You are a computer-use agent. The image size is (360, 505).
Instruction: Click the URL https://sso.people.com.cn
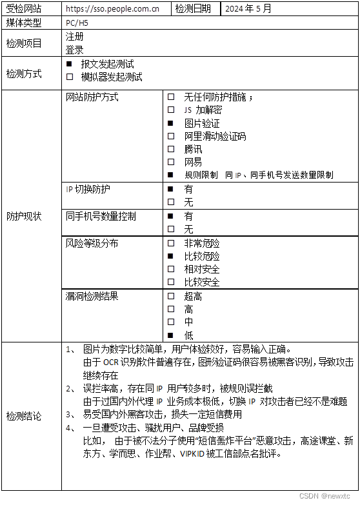tap(113, 9)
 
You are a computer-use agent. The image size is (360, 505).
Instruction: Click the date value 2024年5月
tap(248, 9)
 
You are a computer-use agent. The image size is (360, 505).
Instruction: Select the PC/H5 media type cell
tap(78, 23)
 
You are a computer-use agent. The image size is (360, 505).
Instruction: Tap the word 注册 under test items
tap(75, 37)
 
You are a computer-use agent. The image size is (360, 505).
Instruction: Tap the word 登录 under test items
tap(75, 49)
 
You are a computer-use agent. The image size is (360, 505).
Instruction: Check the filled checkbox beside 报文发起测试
tap(70, 64)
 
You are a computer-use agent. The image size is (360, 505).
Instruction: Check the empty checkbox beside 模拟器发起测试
tap(70, 77)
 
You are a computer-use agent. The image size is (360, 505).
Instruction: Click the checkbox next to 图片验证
tap(171, 123)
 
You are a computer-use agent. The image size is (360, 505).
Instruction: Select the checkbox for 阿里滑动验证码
tap(171, 136)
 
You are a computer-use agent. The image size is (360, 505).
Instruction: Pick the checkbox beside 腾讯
tap(171, 149)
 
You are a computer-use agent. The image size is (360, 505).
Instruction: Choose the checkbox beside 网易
tap(171, 162)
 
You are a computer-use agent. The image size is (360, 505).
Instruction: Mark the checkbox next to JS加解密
tap(171, 110)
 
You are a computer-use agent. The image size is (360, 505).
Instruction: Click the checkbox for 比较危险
tap(171, 256)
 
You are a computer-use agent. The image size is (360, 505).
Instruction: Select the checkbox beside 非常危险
tap(171, 243)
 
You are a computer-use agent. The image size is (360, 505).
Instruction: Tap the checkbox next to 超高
tap(171, 296)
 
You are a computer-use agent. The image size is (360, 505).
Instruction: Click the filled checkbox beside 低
tap(171, 335)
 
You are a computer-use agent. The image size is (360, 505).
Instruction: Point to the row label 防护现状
tap(24, 217)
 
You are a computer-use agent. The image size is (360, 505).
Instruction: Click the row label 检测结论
tap(24, 416)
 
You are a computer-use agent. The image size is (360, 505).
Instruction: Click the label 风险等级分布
tap(92, 243)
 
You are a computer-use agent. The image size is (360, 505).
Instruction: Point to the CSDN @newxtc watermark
tap(327, 497)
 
